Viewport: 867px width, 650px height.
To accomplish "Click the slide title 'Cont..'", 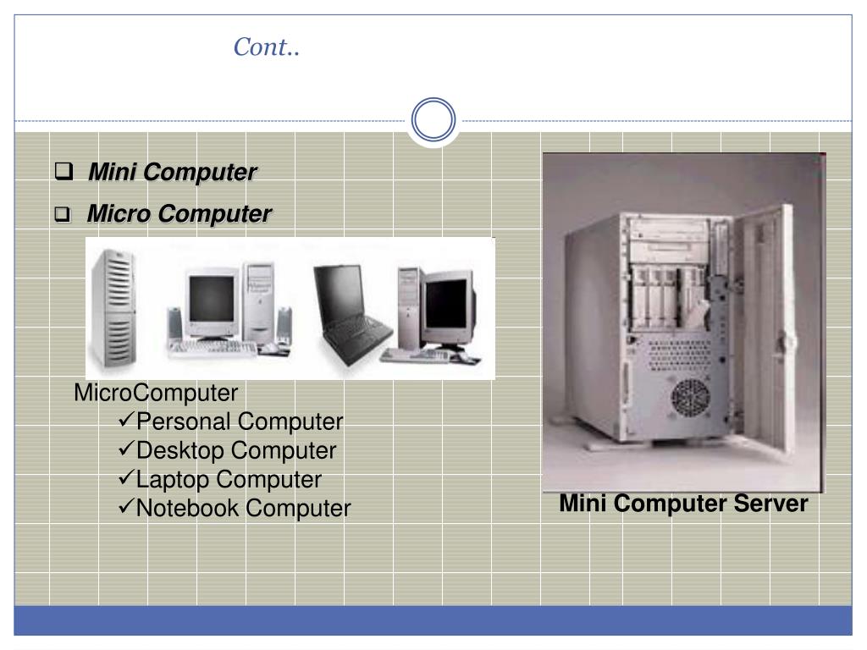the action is tap(267, 47).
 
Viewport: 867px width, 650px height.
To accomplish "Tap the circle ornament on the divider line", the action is tap(433, 120).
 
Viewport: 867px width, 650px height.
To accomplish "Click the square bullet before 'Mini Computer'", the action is tap(63, 172).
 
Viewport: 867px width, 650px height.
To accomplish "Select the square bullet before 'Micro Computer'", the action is tap(63, 215).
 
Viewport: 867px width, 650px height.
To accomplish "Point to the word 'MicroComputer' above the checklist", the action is tap(156, 393).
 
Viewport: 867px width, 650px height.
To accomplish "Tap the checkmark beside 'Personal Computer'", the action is tap(127, 420).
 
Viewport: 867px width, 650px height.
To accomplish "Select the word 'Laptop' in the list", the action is tap(173, 479).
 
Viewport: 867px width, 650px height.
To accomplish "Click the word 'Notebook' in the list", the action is tap(187, 508).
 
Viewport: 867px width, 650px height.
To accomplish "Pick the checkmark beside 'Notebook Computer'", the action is tap(127, 507).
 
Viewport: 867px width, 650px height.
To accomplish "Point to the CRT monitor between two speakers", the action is tap(212, 300).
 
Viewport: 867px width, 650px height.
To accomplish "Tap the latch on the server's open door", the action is tap(791, 343).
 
